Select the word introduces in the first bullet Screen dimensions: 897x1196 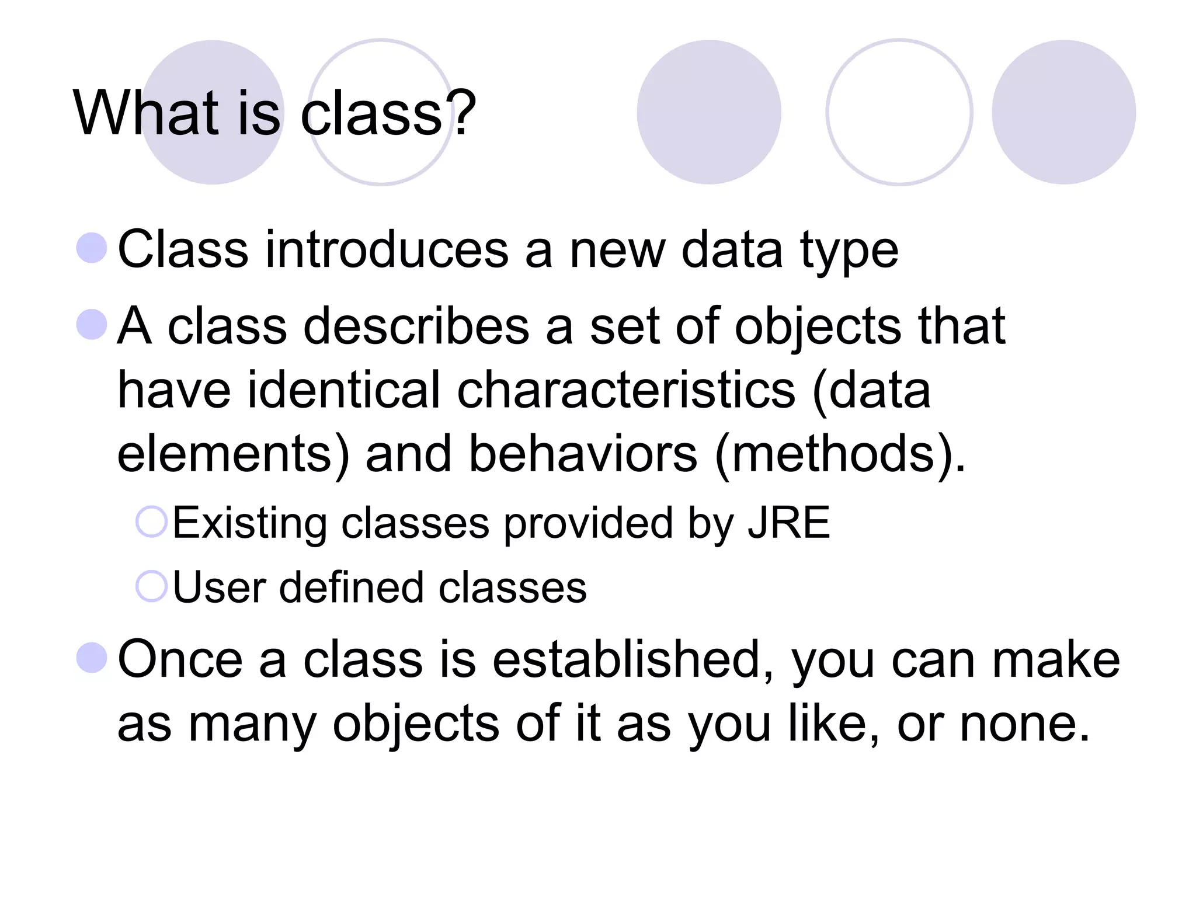pos(387,250)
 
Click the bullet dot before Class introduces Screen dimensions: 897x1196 pos(92,248)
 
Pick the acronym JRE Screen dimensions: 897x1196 pos(789,523)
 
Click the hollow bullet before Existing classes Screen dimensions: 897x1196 pos(152,521)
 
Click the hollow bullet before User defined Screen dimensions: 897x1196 pos(152,586)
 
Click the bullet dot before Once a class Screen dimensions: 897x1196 pos(92,658)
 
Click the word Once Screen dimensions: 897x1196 pos(180,659)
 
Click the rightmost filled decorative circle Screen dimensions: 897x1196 pos(1063,112)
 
